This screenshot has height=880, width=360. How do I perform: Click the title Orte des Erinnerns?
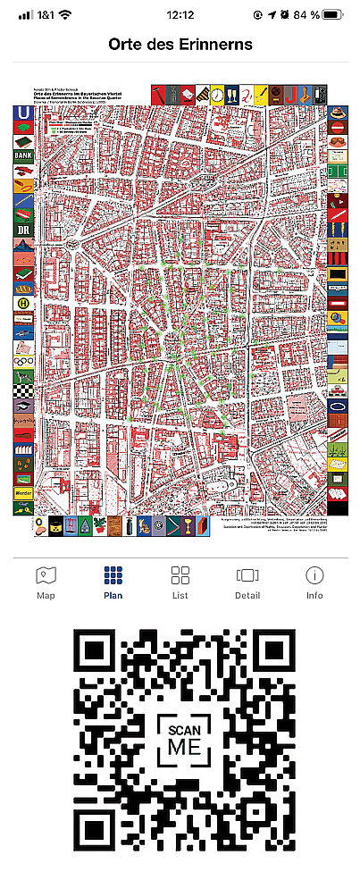[180, 44]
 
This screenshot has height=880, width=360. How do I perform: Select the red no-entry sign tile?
[337, 129]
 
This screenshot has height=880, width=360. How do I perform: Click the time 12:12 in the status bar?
[180, 15]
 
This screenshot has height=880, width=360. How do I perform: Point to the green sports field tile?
[337, 167]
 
